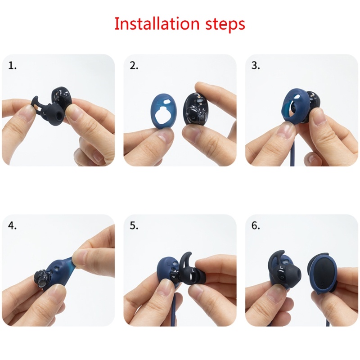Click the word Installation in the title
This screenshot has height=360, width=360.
click(x=157, y=23)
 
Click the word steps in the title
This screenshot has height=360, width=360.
click(x=225, y=24)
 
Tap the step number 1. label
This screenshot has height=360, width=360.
click(x=13, y=66)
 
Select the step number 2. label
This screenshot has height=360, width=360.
click(x=134, y=66)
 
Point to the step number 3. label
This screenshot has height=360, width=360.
click(x=256, y=66)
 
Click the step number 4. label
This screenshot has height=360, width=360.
click(x=13, y=226)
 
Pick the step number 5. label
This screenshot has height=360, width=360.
click(x=134, y=226)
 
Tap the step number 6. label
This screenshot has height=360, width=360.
click(x=256, y=226)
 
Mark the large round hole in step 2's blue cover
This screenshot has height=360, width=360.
click(x=163, y=115)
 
